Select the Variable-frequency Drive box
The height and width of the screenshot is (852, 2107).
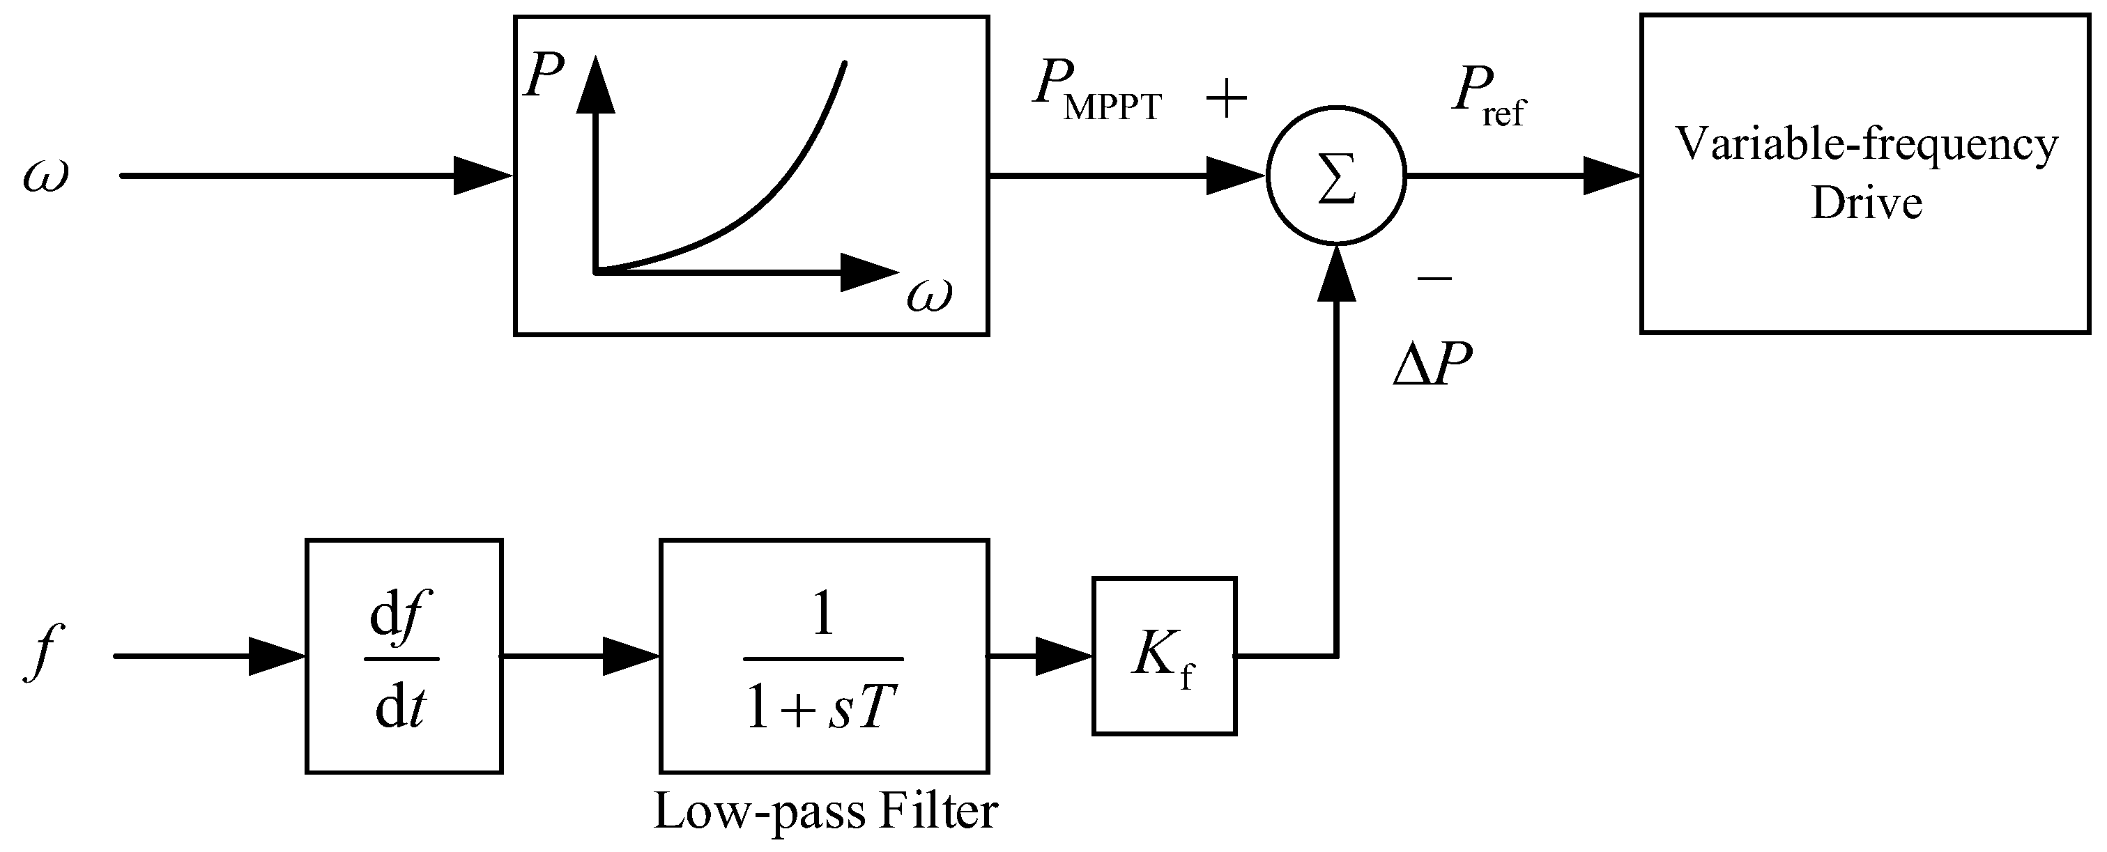[1865, 173]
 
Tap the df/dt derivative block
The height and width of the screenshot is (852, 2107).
[404, 655]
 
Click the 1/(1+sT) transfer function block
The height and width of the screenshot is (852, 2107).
[824, 655]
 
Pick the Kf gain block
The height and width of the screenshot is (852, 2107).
[1163, 656]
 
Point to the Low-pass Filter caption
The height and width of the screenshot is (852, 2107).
[825, 812]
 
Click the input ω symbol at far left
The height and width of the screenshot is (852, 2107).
[45, 176]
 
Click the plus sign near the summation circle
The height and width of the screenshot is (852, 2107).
[1226, 100]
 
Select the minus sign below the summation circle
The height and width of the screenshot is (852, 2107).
[1434, 279]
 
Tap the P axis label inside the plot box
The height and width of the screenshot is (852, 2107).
[544, 79]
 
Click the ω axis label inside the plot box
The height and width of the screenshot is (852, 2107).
[929, 295]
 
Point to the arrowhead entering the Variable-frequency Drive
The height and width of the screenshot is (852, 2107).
[1609, 175]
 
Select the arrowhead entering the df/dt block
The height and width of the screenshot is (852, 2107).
[275, 656]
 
